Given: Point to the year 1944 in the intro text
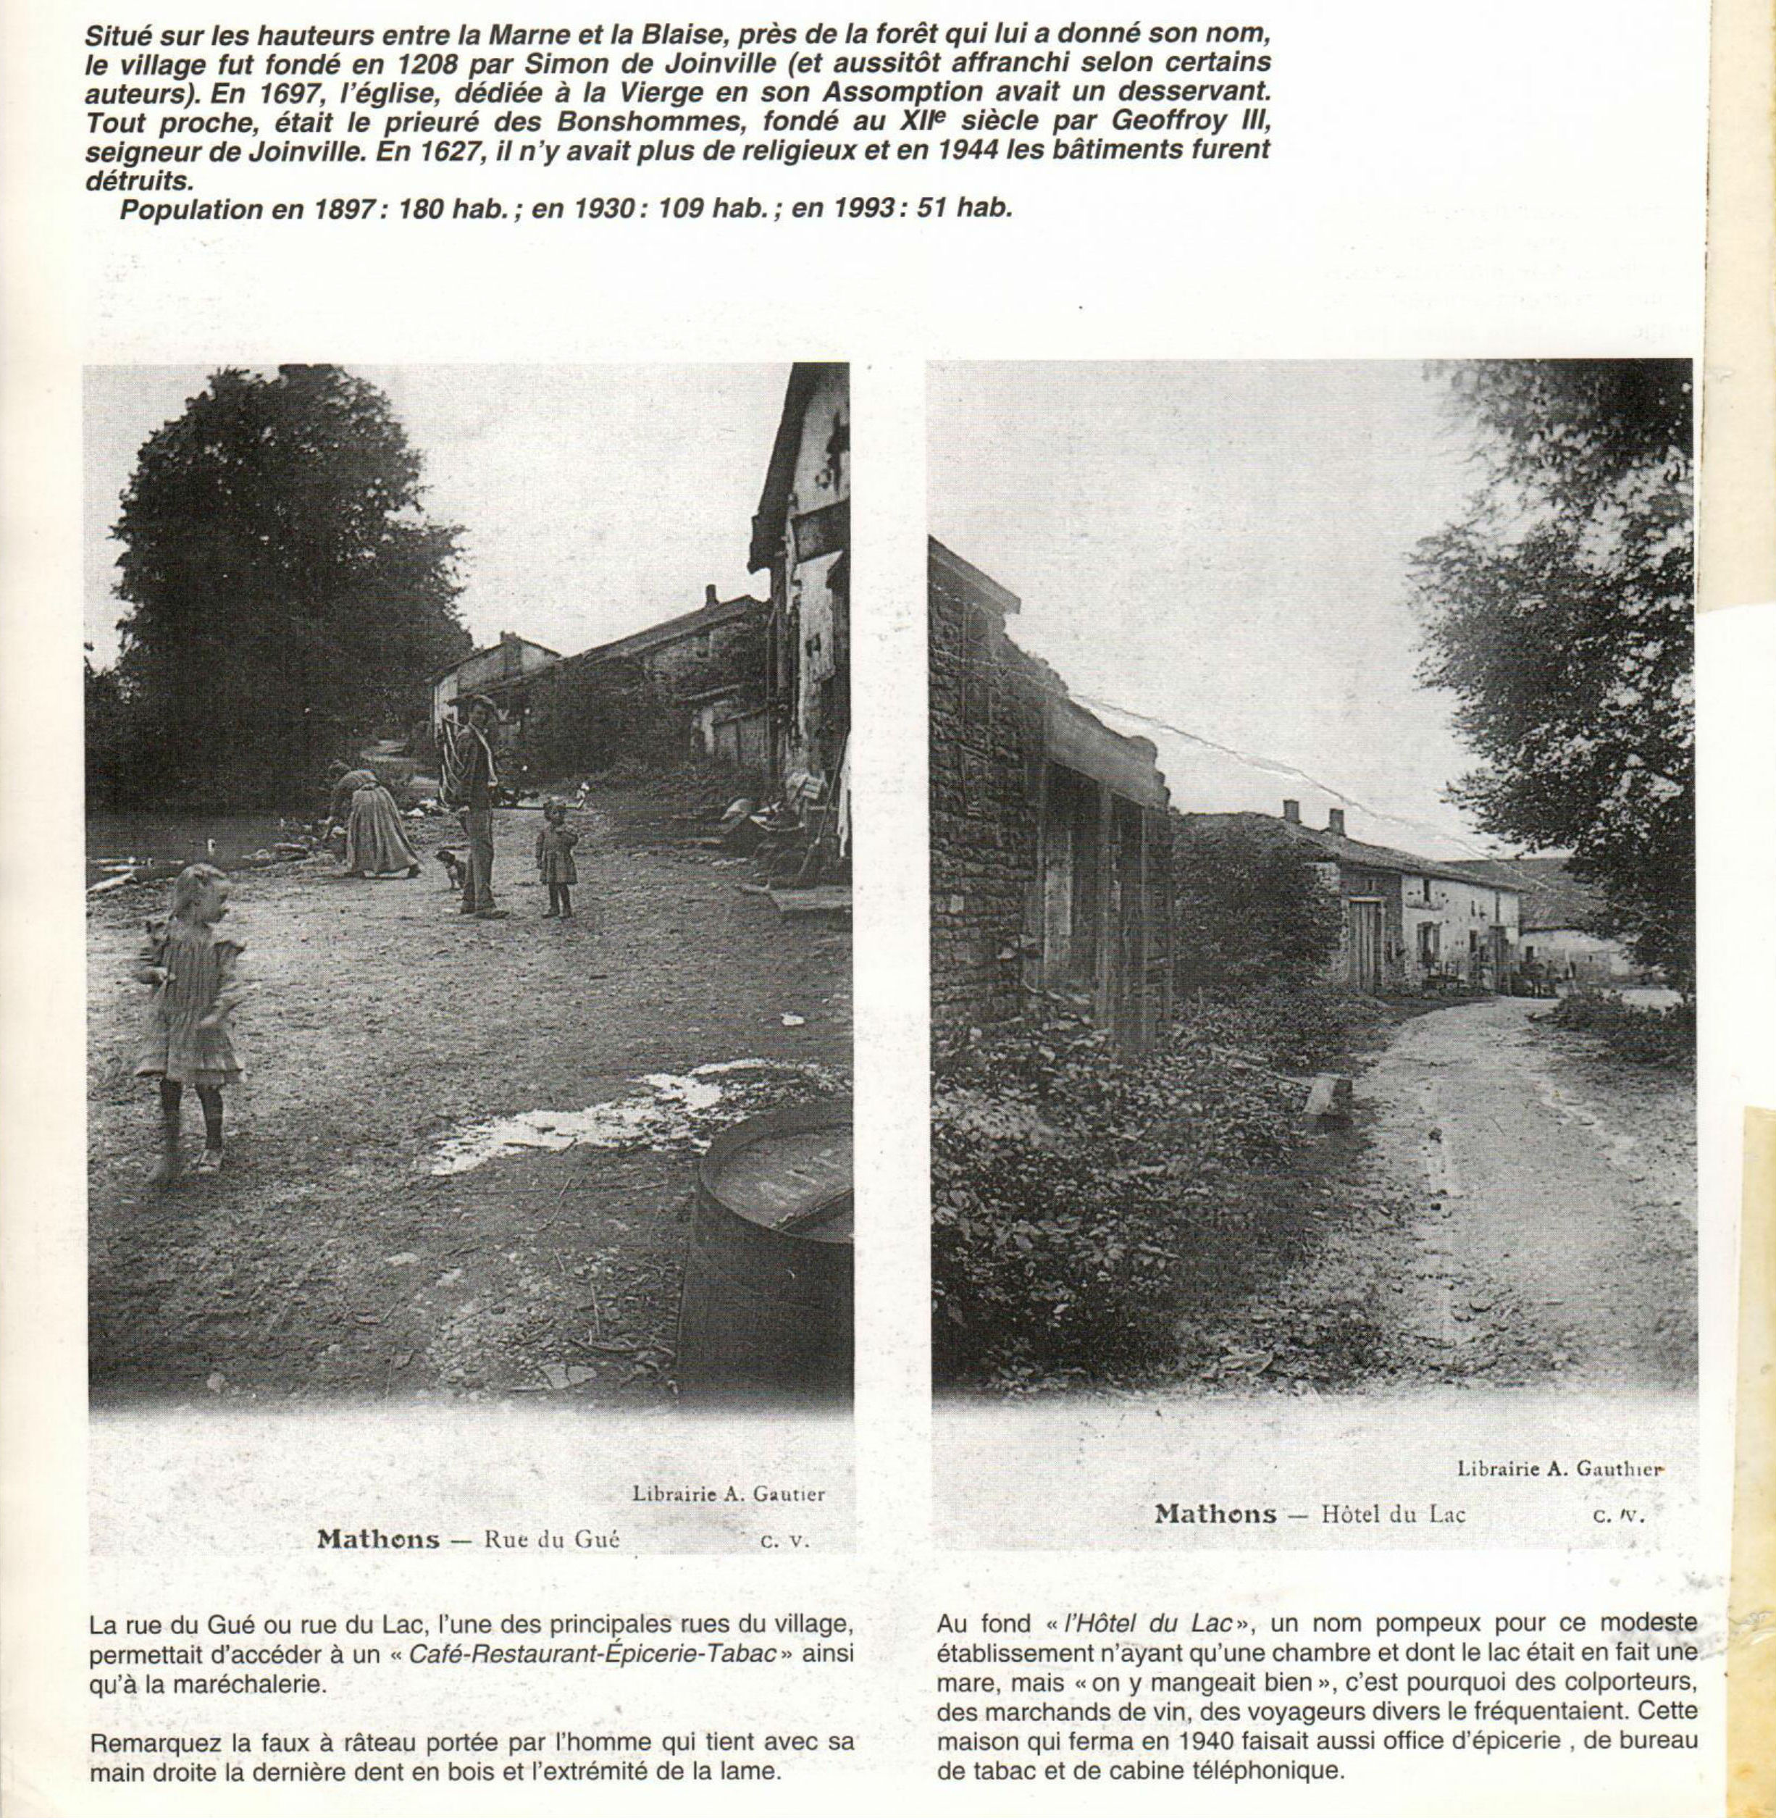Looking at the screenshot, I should click(x=979, y=151).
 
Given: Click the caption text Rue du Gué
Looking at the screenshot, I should click(x=552, y=1538).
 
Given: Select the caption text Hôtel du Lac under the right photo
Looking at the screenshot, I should click(x=1394, y=1513).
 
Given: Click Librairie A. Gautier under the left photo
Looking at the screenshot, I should click(x=729, y=1494).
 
